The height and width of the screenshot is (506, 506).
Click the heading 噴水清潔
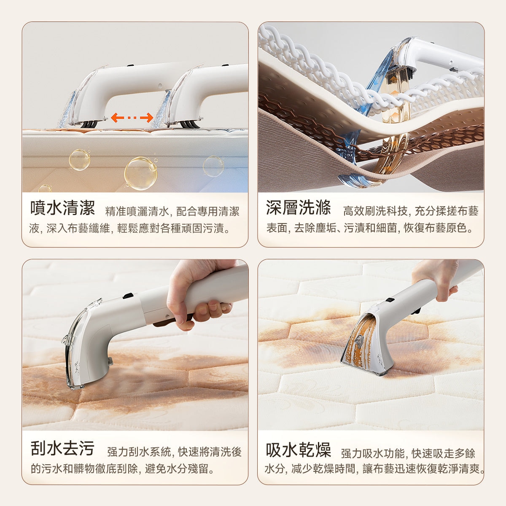pyautogui.click(x=62, y=208)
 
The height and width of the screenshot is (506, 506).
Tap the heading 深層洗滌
pyautogui.click(x=298, y=208)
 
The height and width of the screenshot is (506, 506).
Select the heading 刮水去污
pyautogui.click(x=62, y=448)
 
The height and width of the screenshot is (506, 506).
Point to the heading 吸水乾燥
pyautogui.click(x=298, y=450)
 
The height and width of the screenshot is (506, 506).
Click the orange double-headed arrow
pyautogui.click(x=132, y=118)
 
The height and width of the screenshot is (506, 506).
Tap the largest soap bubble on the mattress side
pyautogui.click(x=140, y=173)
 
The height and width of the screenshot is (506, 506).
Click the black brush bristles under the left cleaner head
pyautogui.click(x=89, y=124)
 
